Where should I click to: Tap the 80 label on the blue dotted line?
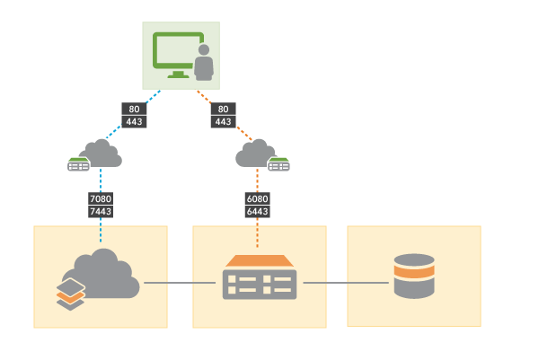tap(134, 109)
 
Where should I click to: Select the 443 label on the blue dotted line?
tap(134, 121)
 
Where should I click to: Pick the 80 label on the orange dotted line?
tap(224, 109)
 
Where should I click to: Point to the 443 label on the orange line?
tap(224, 121)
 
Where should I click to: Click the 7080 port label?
tap(101, 198)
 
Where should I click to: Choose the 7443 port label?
tap(101, 211)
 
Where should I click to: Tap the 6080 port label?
tap(258, 198)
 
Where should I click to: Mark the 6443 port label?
tap(258, 211)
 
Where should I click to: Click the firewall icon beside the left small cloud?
tap(79, 165)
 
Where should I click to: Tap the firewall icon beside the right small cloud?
tap(279, 164)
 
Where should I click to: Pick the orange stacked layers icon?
tap(71, 294)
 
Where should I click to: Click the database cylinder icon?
tap(414, 277)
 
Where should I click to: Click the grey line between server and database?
tap(346, 283)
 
